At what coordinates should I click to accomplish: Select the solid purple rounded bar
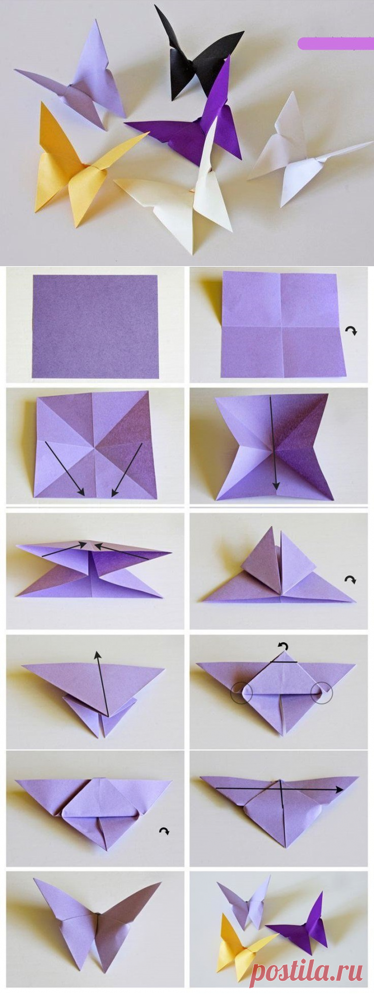tap(335, 43)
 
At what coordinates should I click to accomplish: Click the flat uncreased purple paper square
tap(95, 326)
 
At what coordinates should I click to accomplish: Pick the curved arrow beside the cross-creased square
tap(353, 331)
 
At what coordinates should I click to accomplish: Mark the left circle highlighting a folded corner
tap(242, 693)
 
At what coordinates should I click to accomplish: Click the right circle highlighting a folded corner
tap(322, 692)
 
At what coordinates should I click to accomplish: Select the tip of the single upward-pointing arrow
tap(97, 651)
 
